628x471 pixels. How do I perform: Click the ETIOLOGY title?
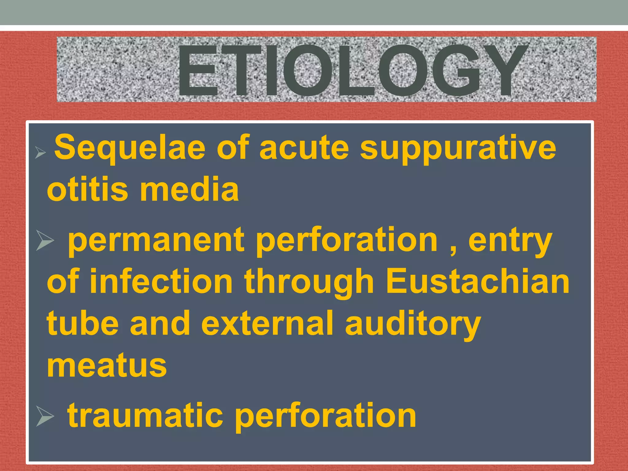(x=353, y=71)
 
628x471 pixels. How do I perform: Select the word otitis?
(x=87, y=189)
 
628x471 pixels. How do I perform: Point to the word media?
(x=189, y=189)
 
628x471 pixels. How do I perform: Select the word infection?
(x=161, y=281)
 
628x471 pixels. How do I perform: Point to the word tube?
(x=83, y=323)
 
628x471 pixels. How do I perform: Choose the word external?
(x=267, y=323)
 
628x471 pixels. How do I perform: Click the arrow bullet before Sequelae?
(x=40, y=152)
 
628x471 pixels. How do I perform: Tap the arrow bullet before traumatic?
(x=45, y=416)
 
